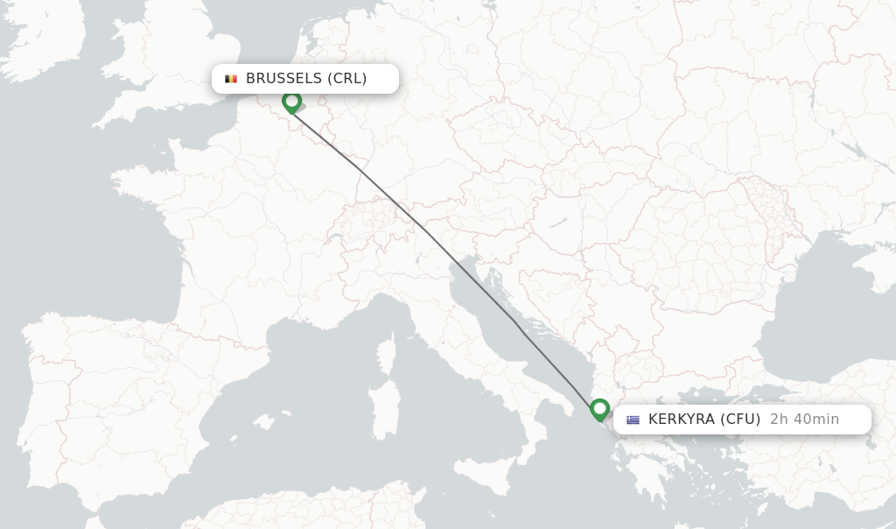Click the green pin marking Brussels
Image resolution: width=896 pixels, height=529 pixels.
click(291, 102)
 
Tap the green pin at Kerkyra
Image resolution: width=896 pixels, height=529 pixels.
click(599, 408)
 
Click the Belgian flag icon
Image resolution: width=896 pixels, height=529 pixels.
click(231, 79)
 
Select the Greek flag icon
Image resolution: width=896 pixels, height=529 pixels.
click(633, 420)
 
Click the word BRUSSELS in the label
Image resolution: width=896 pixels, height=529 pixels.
click(284, 79)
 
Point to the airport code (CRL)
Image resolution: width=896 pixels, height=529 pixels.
click(347, 79)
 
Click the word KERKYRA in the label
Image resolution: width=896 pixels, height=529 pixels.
click(681, 420)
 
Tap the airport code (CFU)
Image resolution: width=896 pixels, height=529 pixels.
click(740, 420)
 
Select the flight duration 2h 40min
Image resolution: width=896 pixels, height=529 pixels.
click(804, 420)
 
